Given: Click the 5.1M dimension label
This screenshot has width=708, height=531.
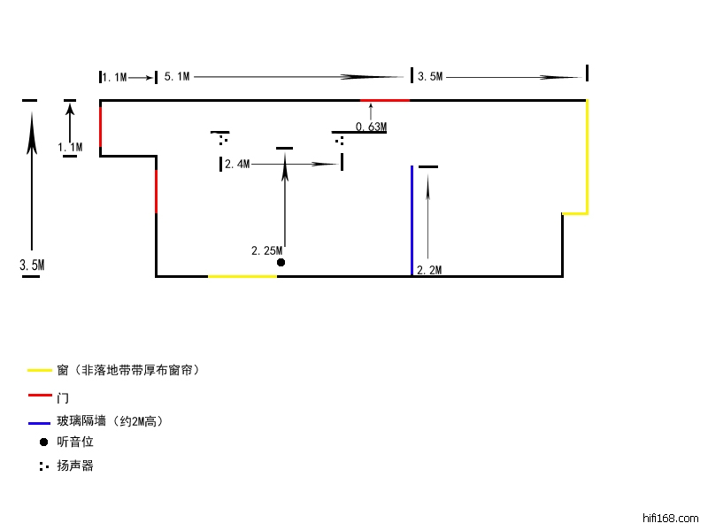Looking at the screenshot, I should click(177, 78).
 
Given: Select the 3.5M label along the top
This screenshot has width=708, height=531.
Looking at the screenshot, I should click(430, 78).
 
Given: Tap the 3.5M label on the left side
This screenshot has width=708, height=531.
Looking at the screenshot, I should click(32, 265).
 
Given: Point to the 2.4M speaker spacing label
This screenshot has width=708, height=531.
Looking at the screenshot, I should click(237, 165).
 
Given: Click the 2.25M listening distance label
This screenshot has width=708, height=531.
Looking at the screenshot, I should click(266, 251).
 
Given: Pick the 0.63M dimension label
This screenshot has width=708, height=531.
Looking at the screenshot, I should click(371, 127).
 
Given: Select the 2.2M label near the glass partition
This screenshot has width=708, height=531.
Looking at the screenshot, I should click(428, 270).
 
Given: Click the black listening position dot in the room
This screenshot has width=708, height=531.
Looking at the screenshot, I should click(281, 263).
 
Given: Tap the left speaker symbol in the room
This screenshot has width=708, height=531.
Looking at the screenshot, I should click(222, 139).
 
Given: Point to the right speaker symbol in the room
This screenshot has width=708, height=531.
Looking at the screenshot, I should click(340, 140).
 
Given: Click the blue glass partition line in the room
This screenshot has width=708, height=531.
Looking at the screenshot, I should click(412, 221).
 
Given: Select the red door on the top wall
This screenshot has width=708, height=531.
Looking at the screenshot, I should click(385, 101).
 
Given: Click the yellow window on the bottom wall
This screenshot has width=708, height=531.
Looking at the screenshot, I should click(242, 276).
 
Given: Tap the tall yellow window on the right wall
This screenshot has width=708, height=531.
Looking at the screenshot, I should click(587, 157).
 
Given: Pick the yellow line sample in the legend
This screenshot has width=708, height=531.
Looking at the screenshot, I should click(40, 370).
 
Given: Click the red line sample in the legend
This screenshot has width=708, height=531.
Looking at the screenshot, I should click(40, 396).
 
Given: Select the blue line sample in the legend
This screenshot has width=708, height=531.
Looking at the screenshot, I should click(40, 421).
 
